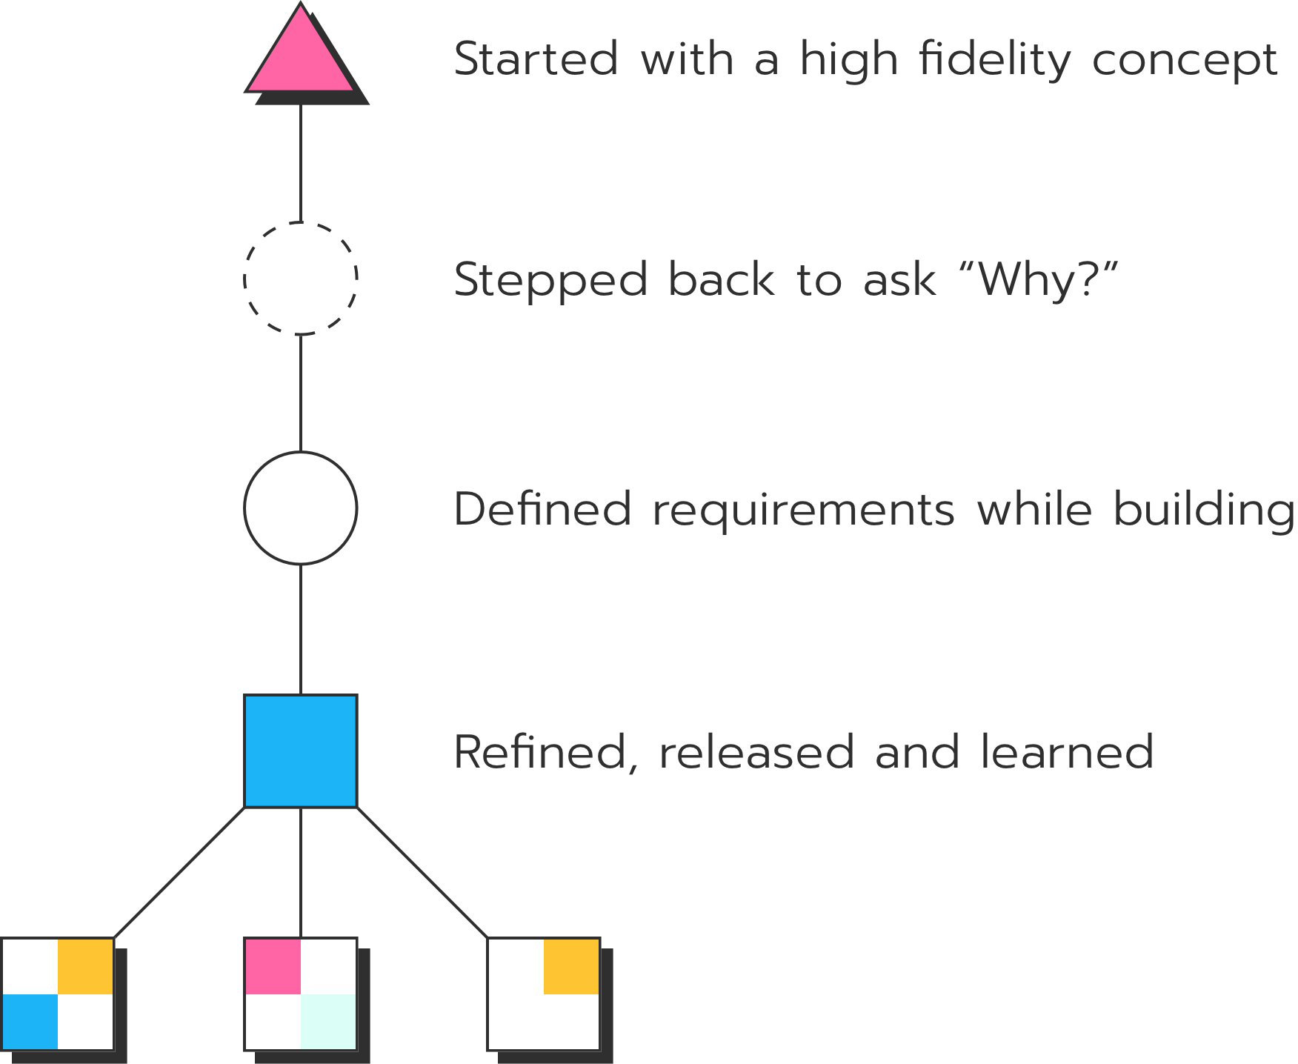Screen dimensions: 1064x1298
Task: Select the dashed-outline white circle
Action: click(x=301, y=279)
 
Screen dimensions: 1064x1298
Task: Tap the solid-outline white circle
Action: click(x=301, y=508)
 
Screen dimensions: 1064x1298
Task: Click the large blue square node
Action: click(x=301, y=751)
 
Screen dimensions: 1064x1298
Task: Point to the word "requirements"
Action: click(x=803, y=510)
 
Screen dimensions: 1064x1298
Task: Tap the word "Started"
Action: click(x=535, y=59)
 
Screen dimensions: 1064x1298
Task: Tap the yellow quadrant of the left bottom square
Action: click(x=85, y=966)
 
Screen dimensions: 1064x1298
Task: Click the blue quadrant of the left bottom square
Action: click(x=30, y=1022)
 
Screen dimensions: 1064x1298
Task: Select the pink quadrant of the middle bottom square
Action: click(x=273, y=966)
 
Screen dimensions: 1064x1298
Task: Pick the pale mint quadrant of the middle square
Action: click(x=328, y=1022)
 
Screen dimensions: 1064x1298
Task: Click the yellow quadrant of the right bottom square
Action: click(x=571, y=966)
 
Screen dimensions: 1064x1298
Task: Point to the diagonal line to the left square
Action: click(x=180, y=872)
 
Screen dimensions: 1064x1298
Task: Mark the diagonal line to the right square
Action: click(x=422, y=872)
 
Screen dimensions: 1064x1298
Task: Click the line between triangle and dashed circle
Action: click(x=301, y=163)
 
